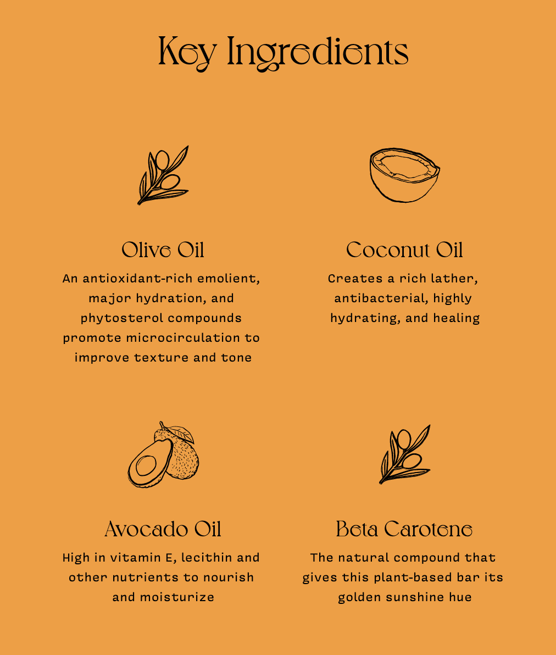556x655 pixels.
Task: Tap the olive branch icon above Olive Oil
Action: coord(163,175)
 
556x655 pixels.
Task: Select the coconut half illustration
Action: coord(404,175)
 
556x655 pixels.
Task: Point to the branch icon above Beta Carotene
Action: coord(404,454)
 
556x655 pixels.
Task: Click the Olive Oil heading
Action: coord(163,250)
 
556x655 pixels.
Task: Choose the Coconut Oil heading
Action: coord(404,250)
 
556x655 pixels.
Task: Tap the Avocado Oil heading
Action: coord(163,529)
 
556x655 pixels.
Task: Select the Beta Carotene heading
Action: coord(404,529)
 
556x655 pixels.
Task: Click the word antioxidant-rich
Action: coord(137,279)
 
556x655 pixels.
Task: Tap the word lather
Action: coord(453,279)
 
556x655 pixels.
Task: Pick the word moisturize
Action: coord(177,597)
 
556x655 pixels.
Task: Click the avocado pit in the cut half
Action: coord(146,465)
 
